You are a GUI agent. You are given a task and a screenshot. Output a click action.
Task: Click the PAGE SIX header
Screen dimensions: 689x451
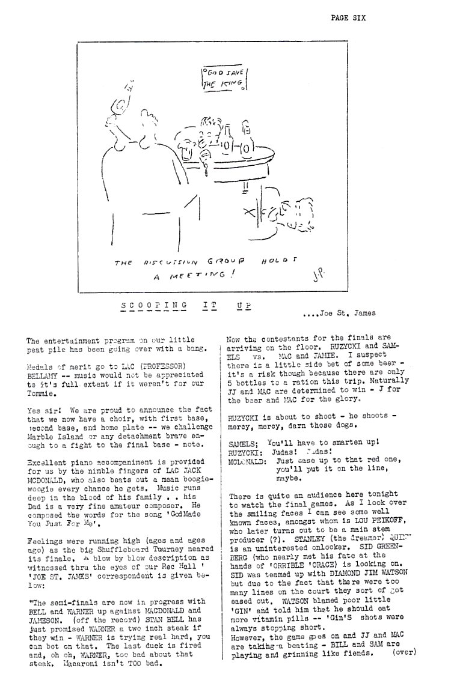click(x=348, y=17)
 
